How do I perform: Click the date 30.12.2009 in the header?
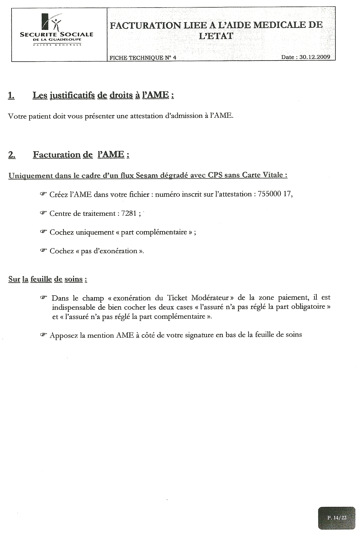click(315, 57)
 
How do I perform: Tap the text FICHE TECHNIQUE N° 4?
click(143, 58)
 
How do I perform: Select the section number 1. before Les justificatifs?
click(11, 95)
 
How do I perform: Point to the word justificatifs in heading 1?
click(72, 95)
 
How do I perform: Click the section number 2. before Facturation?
click(12, 155)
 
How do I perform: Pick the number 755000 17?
click(274, 194)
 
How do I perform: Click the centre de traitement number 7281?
click(129, 213)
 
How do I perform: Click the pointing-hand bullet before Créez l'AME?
click(43, 194)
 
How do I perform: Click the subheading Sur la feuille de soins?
click(48, 279)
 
